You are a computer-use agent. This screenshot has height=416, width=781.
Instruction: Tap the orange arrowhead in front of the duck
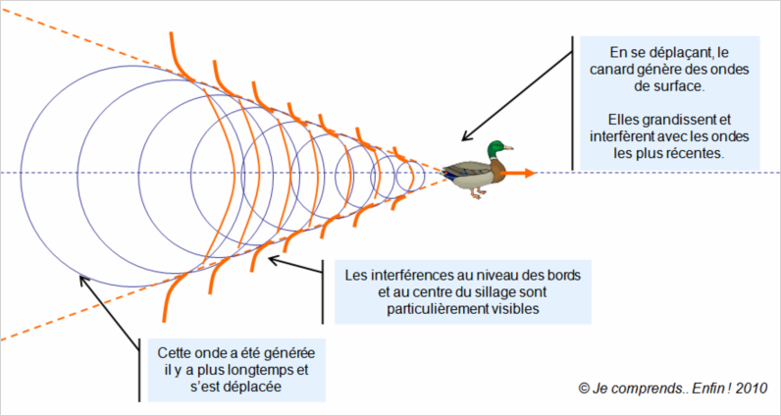click(529, 173)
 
